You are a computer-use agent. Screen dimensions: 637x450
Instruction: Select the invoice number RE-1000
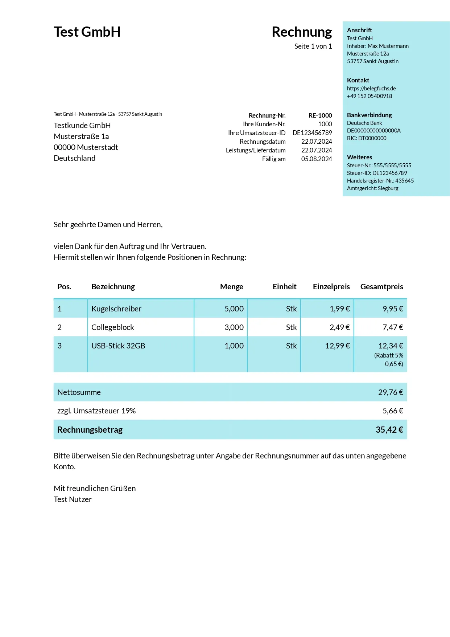pos(320,115)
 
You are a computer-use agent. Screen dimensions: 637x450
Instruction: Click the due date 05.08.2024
pos(316,159)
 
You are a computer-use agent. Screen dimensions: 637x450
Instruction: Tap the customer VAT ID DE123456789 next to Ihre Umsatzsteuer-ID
pos(312,133)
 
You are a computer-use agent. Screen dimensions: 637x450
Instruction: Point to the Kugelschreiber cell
pos(116,309)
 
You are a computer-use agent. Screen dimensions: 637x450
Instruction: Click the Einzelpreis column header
pos(331,287)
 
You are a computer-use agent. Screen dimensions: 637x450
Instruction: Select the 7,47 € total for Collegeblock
pos(392,327)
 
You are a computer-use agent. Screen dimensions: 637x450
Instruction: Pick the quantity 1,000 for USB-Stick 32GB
pos(234,346)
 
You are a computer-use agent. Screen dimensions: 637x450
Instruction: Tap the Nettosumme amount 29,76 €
pos(390,392)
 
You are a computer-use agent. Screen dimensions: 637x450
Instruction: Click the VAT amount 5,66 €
pos(392,411)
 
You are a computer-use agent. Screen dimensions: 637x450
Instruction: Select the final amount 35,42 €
pos(389,430)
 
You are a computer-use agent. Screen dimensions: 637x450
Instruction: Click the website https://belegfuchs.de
pos(371,89)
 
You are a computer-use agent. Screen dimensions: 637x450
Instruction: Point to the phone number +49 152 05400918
pos(369,96)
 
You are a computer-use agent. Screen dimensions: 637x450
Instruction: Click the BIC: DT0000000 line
pos(366,138)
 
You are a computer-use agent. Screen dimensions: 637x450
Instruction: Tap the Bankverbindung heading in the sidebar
pos(369,115)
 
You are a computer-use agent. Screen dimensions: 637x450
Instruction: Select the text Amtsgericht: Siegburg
pos(372,188)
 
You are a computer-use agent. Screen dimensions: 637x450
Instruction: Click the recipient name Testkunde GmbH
pos(82,126)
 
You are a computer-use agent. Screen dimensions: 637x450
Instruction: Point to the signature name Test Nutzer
pos(73,499)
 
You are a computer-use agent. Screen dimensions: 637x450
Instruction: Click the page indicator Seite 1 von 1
pos(313,46)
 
